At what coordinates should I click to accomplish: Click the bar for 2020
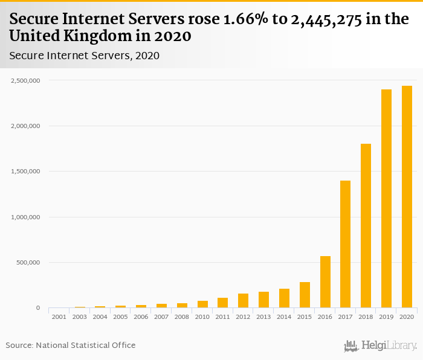point(407,197)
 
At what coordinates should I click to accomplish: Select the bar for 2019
point(386,199)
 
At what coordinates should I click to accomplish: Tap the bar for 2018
point(366,226)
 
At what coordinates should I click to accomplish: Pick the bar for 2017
point(345,244)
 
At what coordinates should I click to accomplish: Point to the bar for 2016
point(325,282)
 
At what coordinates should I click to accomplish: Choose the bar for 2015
point(305,295)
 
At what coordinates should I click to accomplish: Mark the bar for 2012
point(243,301)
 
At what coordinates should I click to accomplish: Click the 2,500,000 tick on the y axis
point(25,80)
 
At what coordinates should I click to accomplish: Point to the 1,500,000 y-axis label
point(25,172)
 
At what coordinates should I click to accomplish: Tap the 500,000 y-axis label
point(28,263)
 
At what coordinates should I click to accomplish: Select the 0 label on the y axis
point(37,308)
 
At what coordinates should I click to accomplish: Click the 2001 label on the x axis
point(59,317)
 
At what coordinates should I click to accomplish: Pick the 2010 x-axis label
point(202,317)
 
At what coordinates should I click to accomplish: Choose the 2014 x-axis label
point(284,317)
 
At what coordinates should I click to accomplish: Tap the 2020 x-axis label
point(407,317)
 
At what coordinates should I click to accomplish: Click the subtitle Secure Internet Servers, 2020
point(84,56)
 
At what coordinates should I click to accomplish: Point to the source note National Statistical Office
point(85,345)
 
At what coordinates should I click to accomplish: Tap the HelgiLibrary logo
point(380,346)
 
